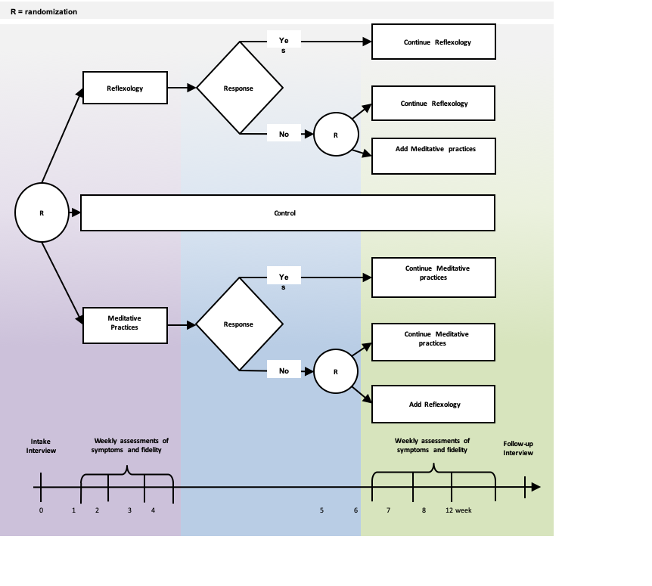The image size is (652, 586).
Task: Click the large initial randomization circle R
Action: (42, 212)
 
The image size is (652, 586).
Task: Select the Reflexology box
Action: (125, 88)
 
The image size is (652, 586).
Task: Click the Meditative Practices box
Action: (125, 325)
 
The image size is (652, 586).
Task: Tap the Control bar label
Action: (285, 213)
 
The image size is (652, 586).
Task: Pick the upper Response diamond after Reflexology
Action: (239, 88)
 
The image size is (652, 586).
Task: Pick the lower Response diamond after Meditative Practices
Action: (239, 324)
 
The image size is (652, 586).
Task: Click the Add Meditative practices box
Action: (433, 156)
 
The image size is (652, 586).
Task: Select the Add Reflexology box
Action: (433, 405)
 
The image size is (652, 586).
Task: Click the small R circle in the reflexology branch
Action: (336, 135)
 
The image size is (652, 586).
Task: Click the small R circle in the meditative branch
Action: (335, 371)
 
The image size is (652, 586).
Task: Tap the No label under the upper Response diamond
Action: (284, 135)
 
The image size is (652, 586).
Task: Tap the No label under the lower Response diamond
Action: (284, 371)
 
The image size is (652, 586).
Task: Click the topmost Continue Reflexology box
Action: (433, 42)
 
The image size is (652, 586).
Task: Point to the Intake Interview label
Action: (42, 446)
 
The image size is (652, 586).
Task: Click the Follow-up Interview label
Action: (518, 448)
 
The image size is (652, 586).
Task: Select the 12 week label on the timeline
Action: (458, 510)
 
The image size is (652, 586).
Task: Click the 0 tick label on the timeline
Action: (42, 510)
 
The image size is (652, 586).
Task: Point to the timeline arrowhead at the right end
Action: (536, 487)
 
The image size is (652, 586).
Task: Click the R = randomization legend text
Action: (44, 12)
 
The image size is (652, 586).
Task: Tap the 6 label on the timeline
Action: (355, 510)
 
